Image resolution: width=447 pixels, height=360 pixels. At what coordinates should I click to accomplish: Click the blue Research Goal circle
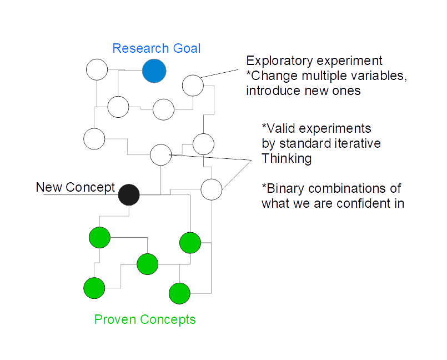click(x=154, y=71)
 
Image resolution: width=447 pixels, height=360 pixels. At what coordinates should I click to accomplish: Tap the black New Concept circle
click(x=129, y=195)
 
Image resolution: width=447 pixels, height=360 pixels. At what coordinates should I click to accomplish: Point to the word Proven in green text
click(x=115, y=319)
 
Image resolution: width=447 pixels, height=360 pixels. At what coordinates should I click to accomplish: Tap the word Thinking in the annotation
click(x=287, y=158)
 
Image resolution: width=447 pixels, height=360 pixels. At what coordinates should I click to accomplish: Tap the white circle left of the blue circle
click(x=97, y=69)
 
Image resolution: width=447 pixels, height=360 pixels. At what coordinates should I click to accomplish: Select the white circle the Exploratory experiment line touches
click(x=193, y=86)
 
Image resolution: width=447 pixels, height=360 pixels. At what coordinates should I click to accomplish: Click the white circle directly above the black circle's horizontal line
click(x=161, y=155)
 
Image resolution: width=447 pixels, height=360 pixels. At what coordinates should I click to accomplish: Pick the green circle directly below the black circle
click(x=99, y=238)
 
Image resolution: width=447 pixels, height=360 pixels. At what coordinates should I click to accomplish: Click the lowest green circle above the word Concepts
click(x=179, y=293)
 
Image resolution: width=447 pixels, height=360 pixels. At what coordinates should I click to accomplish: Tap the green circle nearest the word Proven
click(x=94, y=288)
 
